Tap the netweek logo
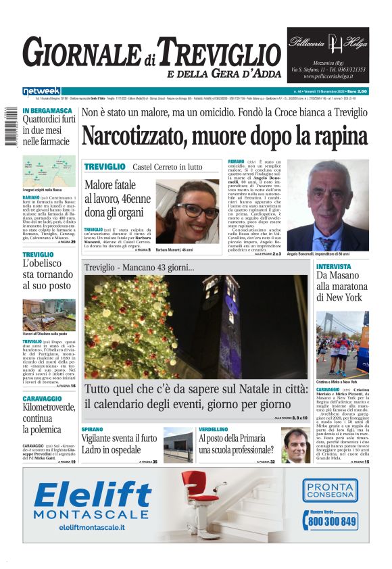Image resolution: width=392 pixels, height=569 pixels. tap(41, 91)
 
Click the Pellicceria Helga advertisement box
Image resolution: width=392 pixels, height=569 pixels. tap(328, 55)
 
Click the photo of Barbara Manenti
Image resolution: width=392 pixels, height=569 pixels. tap(187, 211)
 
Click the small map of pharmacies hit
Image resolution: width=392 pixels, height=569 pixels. tap(49, 171)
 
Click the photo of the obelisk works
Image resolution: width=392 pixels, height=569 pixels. tap(49, 316)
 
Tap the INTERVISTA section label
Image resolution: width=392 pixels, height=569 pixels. tap(334, 267)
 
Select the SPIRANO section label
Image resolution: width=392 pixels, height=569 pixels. tap(93, 430)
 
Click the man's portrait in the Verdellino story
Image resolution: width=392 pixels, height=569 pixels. tap(295, 445)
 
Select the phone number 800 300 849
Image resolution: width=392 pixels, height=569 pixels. tap(332, 522)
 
